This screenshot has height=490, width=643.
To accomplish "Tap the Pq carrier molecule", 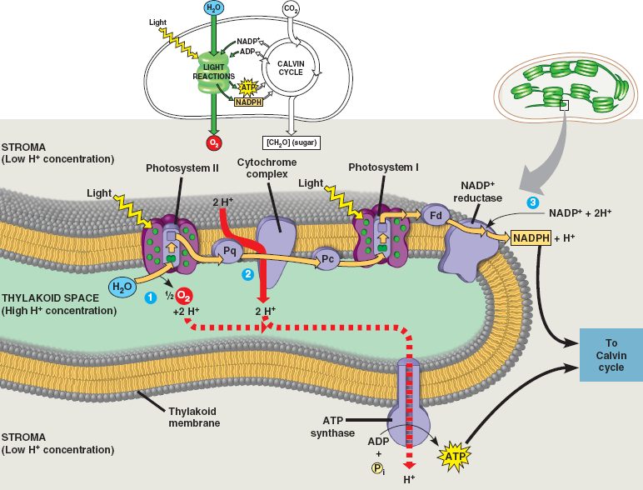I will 226,248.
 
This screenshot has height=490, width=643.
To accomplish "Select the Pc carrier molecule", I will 327,259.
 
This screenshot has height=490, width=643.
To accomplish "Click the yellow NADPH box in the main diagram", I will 531,238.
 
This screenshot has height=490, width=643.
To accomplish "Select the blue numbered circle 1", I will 151,297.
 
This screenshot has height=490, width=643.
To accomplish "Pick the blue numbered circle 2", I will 247,274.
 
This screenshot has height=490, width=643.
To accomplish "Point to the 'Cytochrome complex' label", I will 262,167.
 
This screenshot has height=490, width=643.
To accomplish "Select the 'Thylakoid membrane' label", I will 194,417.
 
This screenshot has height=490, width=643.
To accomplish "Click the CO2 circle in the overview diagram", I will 292,10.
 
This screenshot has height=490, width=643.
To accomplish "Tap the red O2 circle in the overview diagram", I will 214,142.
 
